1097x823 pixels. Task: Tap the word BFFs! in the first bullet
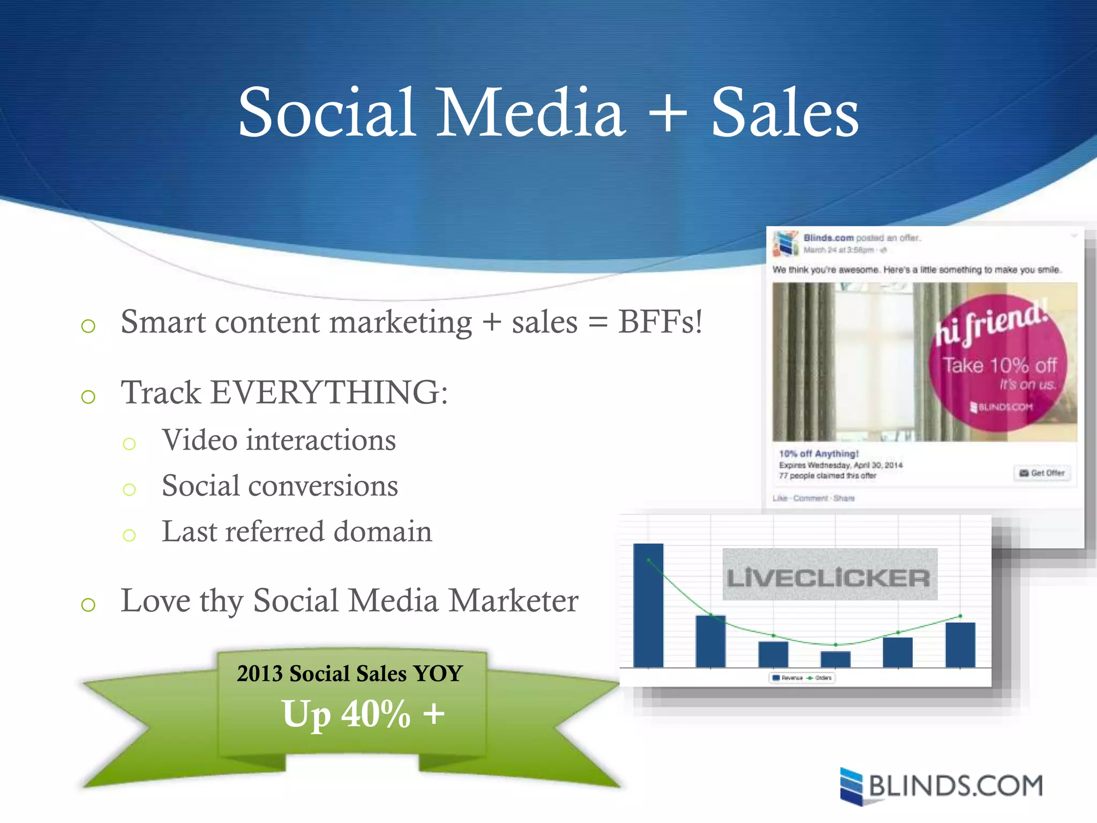point(660,323)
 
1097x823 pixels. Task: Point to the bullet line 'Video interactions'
point(279,440)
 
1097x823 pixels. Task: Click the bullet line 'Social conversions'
point(280,486)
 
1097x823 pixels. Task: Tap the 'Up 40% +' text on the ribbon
point(363,714)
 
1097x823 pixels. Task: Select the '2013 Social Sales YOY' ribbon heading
point(350,674)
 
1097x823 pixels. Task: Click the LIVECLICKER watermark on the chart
point(829,578)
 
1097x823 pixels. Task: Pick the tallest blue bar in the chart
point(648,605)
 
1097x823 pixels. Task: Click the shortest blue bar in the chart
point(835,659)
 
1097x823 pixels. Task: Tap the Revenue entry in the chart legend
point(787,678)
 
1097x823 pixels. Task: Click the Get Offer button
point(1042,473)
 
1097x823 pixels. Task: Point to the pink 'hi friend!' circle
point(997,364)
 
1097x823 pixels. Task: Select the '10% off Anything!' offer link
point(818,454)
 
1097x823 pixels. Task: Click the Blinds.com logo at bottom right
point(942,787)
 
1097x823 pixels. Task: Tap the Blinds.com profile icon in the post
point(785,244)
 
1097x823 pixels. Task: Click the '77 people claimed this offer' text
point(828,476)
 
